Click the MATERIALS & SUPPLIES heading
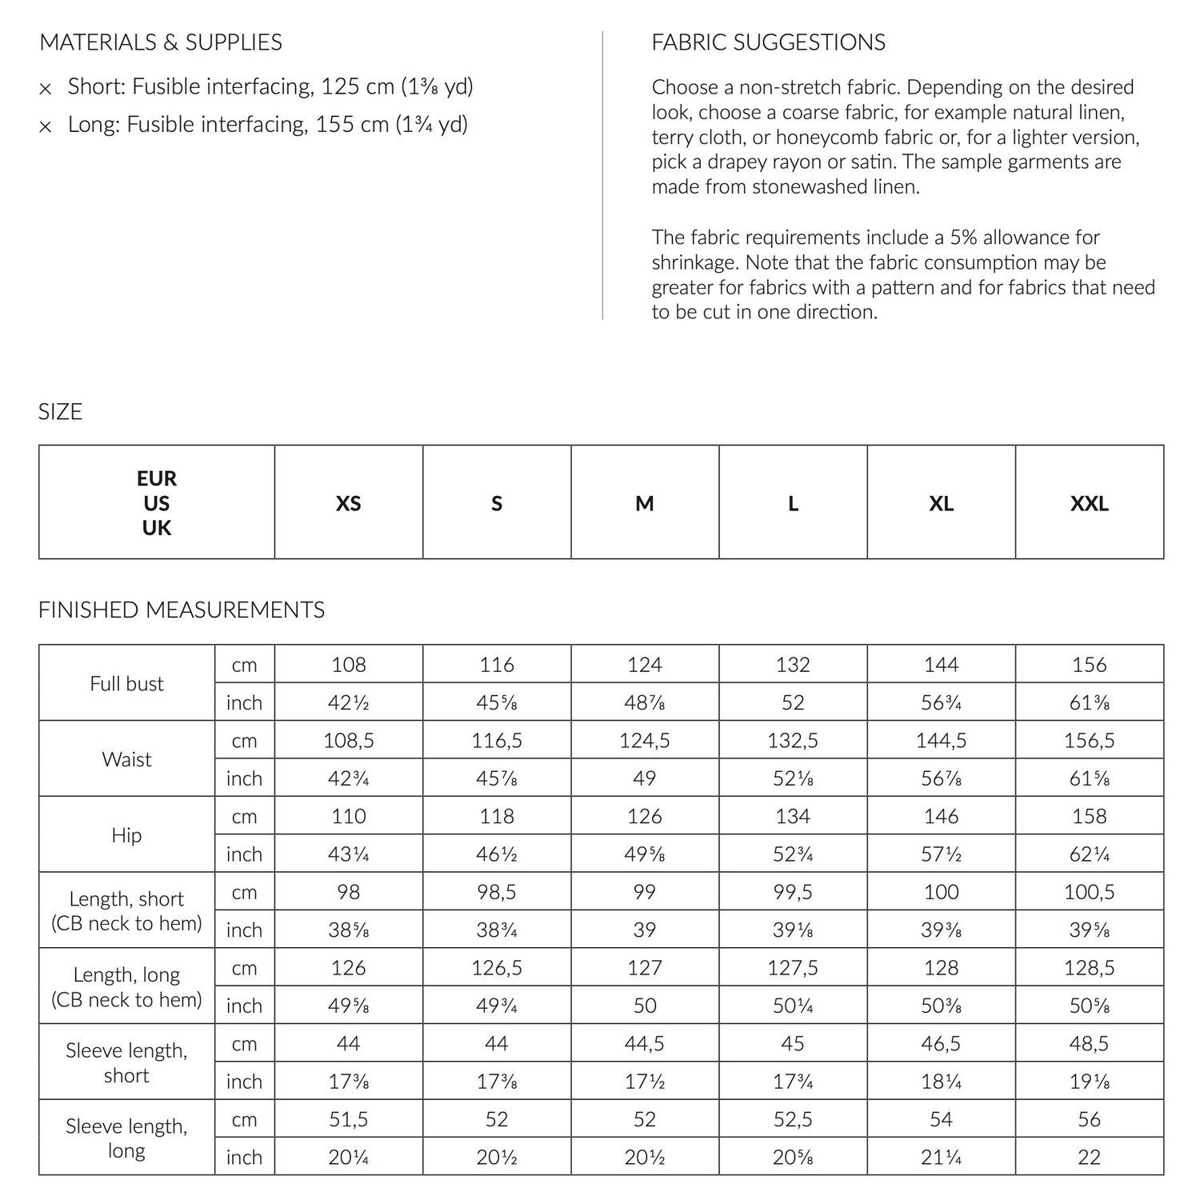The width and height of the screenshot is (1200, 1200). tap(160, 42)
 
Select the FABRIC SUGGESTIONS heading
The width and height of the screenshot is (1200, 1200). tap(768, 42)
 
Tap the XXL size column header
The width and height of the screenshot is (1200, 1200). tap(1089, 503)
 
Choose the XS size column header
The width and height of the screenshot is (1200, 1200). tap(348, 503)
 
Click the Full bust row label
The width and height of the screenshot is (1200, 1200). tap(126, 684)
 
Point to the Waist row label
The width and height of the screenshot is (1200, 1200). tap(126, 759)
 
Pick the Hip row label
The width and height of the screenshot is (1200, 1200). tap(126, 835)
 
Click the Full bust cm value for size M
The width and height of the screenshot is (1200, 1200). tap(644, 665)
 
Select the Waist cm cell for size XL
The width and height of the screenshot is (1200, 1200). tap(941, 741)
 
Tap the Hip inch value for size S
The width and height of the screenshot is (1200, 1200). tap(496, 854)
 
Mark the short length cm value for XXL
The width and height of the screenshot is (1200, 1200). tap(1089, 892)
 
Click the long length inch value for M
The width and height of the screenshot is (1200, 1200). tap(644, 1006)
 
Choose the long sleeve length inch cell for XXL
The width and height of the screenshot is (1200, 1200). tap(1089, 1157)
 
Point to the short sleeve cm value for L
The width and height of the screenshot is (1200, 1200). tap(792, 1044)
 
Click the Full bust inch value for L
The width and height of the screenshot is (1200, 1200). tap(792, 702)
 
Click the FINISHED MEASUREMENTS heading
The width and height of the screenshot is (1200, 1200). tap(182, 610)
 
